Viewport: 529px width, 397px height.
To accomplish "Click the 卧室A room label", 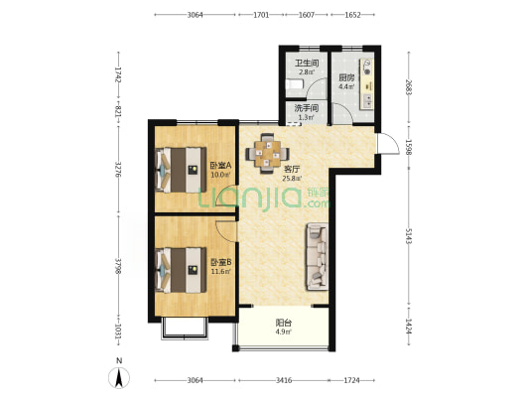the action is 220,166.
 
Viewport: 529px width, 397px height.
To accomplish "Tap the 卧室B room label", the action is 221,262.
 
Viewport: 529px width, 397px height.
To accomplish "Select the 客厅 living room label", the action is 292,169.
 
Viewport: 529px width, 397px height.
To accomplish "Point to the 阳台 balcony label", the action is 284,323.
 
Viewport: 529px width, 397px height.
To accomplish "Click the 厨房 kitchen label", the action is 346,78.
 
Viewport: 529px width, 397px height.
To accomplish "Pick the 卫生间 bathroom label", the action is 307,64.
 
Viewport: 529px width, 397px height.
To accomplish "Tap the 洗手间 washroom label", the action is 307,108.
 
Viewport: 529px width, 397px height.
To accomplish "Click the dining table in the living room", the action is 268,154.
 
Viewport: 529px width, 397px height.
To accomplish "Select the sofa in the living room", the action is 318,257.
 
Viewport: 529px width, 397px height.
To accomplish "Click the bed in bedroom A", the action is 181,170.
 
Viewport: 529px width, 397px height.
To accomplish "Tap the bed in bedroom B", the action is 181,270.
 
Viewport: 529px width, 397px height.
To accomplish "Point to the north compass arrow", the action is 119,378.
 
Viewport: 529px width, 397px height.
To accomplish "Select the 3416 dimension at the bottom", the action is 284,380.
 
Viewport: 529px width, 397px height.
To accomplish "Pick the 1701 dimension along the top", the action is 261,15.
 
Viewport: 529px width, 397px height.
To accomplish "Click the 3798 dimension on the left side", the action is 118,266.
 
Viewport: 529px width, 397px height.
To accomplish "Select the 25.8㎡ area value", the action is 292,179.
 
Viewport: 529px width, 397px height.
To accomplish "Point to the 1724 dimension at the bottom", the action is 351,380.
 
